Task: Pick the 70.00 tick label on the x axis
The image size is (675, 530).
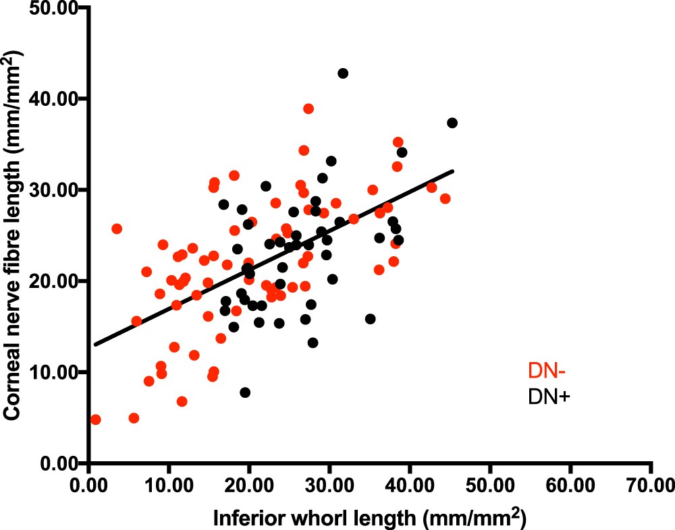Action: [651, 488]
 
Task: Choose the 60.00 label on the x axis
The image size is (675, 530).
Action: [570, 488]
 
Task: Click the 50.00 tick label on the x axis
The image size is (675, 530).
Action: [490, 488]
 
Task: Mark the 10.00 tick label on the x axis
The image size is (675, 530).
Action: [169, 488]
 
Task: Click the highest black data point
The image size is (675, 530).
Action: [343, 73]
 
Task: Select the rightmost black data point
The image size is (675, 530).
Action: [452, 123]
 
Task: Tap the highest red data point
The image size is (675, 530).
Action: [308, 109]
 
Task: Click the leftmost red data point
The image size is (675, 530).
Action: [95, 419]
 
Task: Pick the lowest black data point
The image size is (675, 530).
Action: [245, 392]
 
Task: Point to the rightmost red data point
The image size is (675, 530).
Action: [445, 198]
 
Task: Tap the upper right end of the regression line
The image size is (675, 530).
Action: [453, 171]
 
